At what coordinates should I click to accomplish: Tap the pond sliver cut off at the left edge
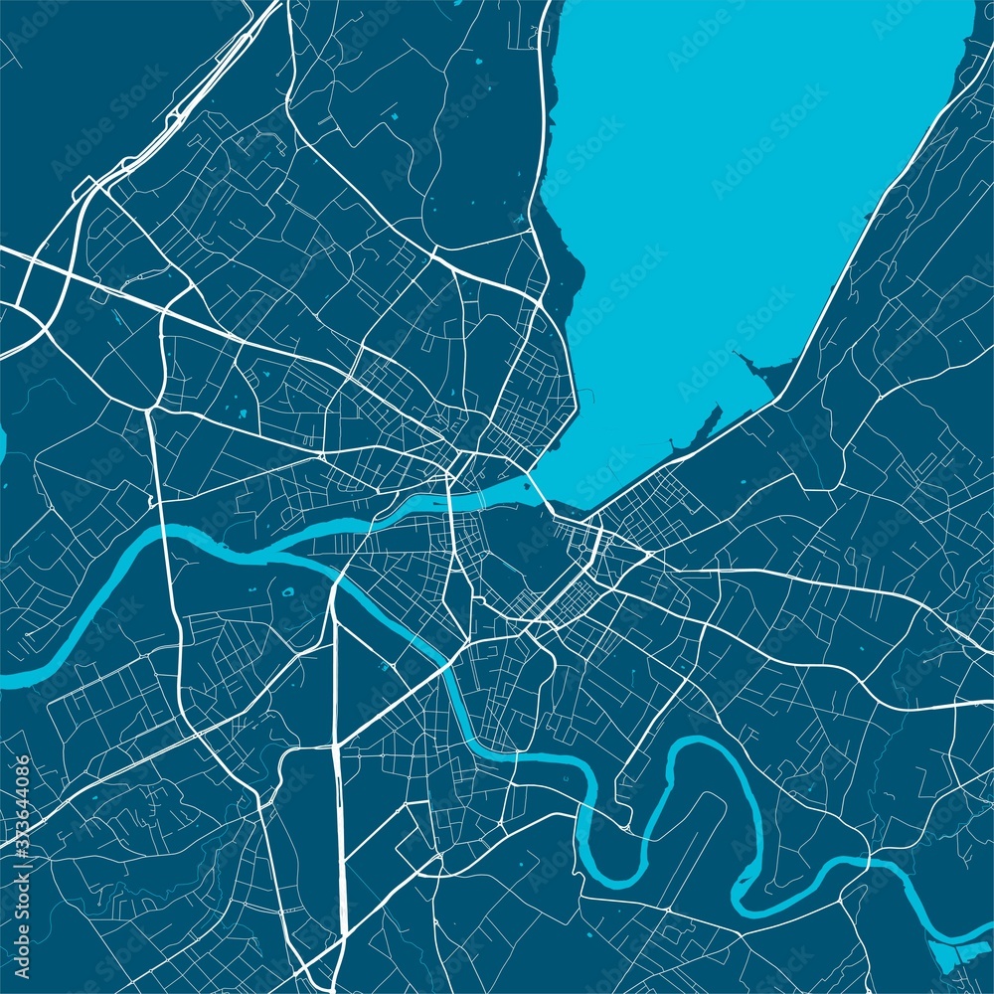tap(2, 444)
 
